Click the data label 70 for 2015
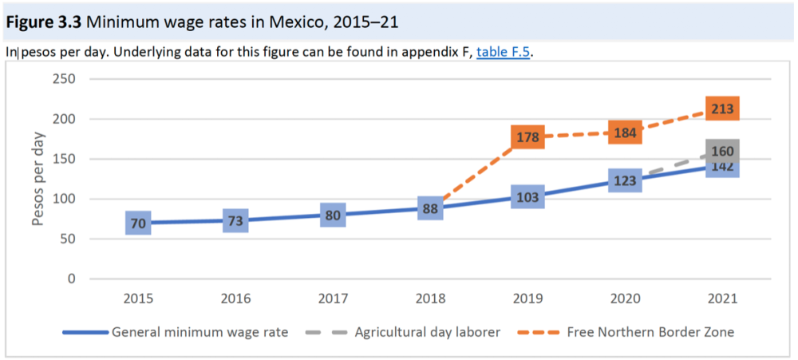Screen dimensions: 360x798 [x=138, y=224]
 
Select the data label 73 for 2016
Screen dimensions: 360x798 [x=235, y=220]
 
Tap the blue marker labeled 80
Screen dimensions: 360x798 [x=334, y=215]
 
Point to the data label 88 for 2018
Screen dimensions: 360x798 [x=431, y=208]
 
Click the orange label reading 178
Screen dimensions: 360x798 [x=528, y=137]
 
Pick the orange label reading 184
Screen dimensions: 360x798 [x=625, y=133]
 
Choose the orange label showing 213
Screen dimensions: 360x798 [x=722, y=109]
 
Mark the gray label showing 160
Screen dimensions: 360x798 [x=722, y=151]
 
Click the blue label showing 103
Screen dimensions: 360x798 [x=528, y=196]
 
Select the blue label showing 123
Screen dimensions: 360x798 [x=625, y=180]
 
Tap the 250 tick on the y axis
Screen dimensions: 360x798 [x=64, y=79]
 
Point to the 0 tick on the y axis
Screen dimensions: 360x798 [x=71, y=279]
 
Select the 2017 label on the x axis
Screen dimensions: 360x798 [x=334, y=299]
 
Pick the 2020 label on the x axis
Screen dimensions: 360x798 [x=625, y=299]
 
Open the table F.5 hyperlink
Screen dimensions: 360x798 [x=503, y=53]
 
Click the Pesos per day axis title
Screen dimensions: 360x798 [x=38, y=179]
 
